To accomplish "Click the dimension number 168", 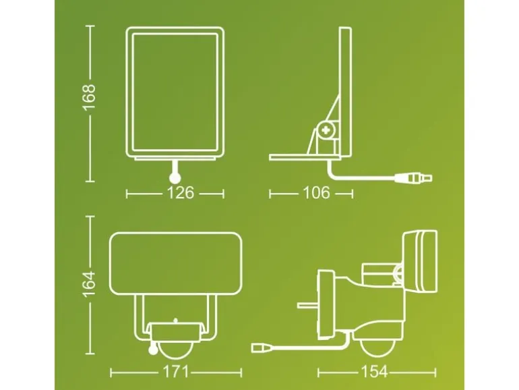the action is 90,97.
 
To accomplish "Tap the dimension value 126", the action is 181,193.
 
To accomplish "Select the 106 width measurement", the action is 316,193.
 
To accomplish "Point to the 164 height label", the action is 90,284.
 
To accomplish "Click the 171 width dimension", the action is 175,372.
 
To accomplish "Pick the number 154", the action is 374,372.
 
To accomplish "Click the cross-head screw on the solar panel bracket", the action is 327,130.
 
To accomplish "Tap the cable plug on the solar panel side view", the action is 413,178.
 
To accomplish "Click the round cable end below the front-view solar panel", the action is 175,178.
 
